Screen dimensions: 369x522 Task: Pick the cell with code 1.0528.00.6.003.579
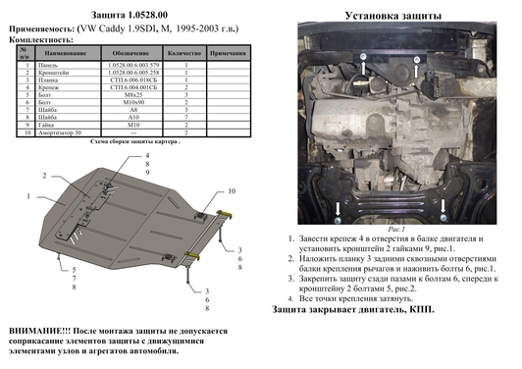point(130,64)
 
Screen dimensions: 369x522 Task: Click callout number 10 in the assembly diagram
point(232,190)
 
